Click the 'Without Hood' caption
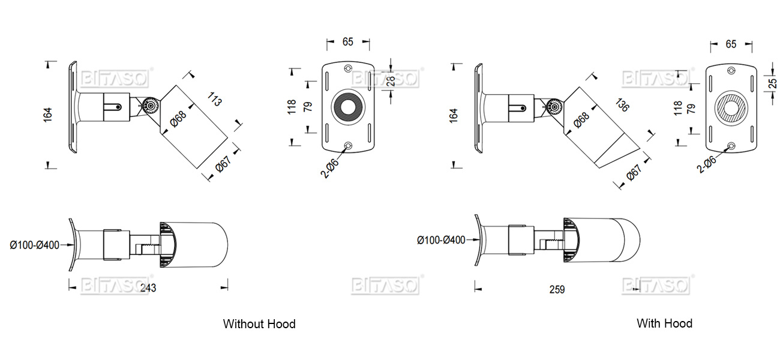259,324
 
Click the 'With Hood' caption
664,323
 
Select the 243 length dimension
148,288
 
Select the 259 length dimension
557,289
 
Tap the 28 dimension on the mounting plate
391,80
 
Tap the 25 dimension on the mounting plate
773,79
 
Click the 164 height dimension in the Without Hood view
48,115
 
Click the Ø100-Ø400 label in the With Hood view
441,240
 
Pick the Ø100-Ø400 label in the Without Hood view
34,245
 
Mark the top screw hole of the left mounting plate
348,68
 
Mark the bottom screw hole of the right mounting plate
730,146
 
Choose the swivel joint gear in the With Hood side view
554,107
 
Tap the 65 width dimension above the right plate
731,44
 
